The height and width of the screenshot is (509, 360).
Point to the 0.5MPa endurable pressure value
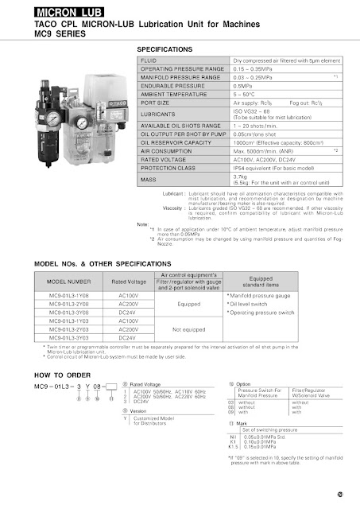tap(243, 85)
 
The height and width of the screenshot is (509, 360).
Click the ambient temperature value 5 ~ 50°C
tap(245, 94)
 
